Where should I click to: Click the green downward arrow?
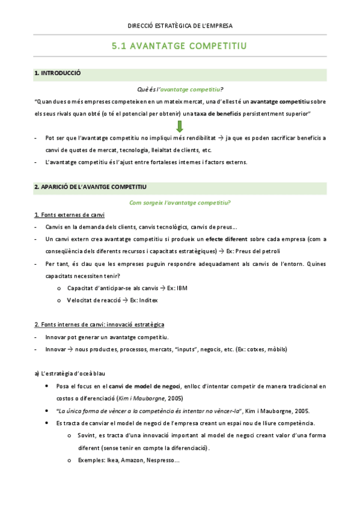(x=180, y=126)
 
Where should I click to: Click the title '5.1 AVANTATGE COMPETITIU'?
(x=180, y=46)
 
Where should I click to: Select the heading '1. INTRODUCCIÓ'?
(x=58, y=74)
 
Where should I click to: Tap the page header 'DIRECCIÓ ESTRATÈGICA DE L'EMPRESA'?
(x=180, y=26)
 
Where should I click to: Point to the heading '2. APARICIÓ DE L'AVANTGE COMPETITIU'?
(x=91, y=188)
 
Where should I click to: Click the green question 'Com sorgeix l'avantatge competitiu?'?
(x=180, y=202)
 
